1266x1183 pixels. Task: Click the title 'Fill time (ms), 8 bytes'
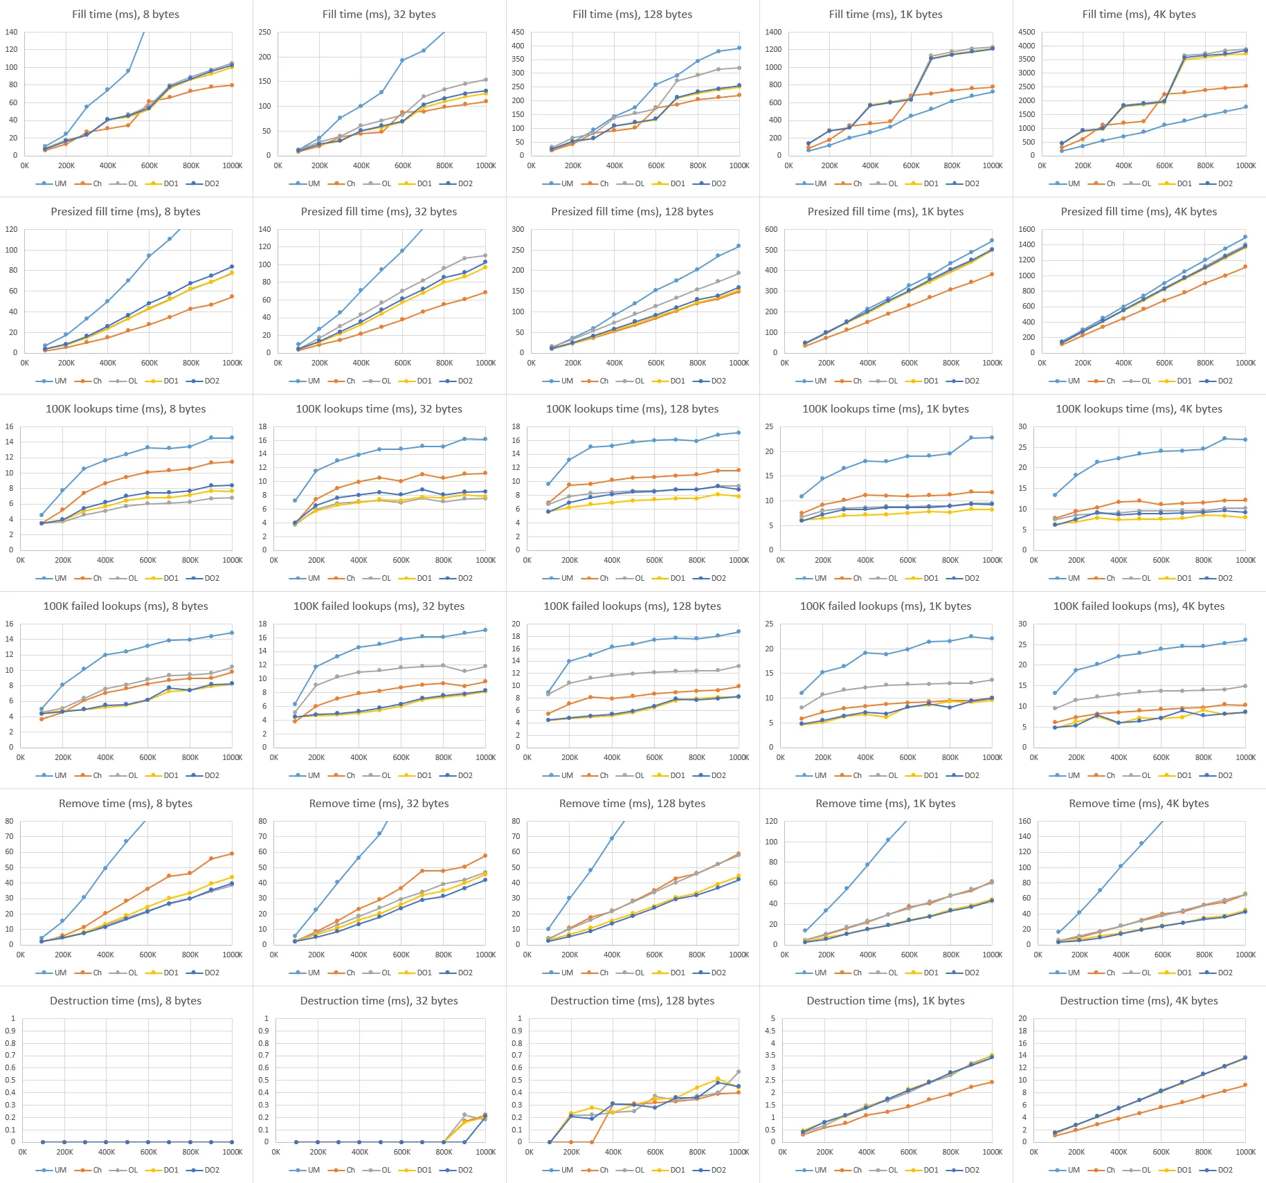point(125,15)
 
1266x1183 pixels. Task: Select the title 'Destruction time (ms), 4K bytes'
point(1139,1001)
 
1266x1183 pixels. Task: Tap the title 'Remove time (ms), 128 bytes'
point(632,804)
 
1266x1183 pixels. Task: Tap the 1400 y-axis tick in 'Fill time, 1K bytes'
point(773,32)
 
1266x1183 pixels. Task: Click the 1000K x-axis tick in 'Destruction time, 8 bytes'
point(233,1152)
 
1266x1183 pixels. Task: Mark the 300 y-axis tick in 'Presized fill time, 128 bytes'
point(518,229)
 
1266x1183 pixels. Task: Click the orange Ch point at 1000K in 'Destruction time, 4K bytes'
point(1245,1085)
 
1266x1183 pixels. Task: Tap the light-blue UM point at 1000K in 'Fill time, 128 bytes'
point(739,48)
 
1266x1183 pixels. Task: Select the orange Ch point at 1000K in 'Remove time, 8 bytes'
point(231,854)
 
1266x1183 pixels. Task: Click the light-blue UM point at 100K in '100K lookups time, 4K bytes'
point(1055,495)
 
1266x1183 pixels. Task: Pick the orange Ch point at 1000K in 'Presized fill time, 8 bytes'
point(231,296)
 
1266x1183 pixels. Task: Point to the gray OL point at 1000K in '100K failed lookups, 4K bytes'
point(1245,686)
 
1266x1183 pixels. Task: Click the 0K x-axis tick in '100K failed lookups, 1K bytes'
point(781,757)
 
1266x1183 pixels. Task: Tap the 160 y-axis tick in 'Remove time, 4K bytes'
point(1024,821)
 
